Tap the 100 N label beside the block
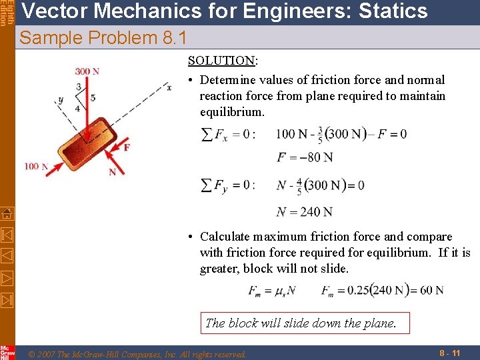pos(36,166)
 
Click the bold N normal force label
pos(112,171)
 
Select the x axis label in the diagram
pos(169,85)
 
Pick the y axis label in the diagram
pos(60,100)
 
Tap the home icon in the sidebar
pos(7,213)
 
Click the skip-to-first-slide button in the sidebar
pos(7,235)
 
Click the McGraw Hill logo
pos(7,353)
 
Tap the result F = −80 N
pos(304,157)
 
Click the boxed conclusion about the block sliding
pos(301,323)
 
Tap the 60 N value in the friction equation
pos(431,290)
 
